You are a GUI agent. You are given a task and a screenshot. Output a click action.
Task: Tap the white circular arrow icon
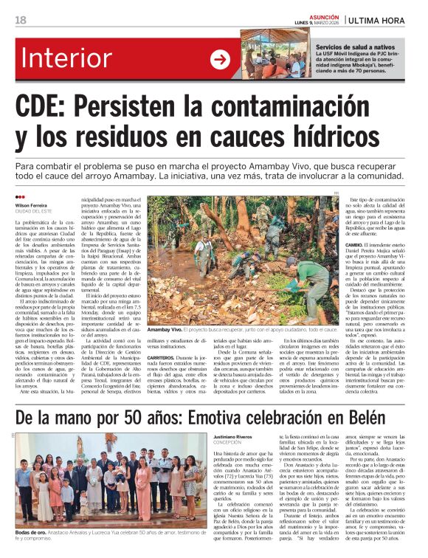coord(220,59)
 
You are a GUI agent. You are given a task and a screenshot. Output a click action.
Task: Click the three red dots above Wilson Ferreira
coord(19,197)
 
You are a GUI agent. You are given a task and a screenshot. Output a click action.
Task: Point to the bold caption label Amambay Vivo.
coord(165,330)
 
